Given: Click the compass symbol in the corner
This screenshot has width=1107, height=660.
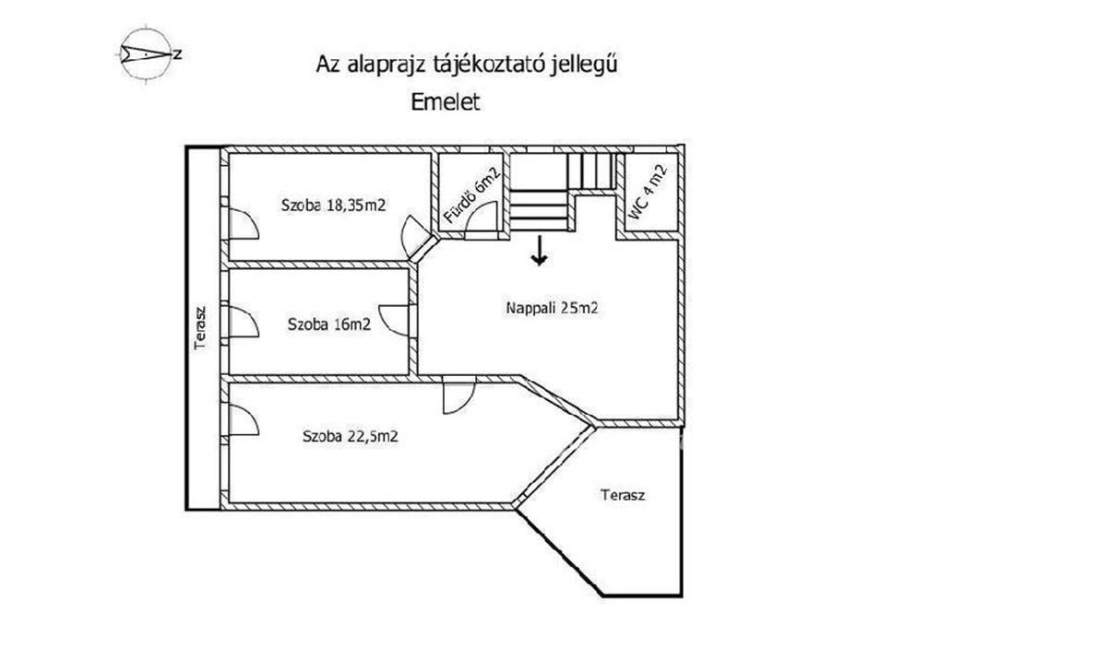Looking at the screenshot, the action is coord(147,53).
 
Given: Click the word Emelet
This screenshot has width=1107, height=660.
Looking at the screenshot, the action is coord(446,102).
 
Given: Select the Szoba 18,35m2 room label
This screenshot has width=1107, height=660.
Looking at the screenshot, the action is coord(333,206).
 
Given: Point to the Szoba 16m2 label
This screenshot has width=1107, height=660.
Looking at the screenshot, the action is coord(329,324).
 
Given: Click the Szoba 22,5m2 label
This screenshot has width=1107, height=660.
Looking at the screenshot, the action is coord(350,436).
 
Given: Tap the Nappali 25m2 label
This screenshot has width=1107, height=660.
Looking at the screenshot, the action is coord(552,308).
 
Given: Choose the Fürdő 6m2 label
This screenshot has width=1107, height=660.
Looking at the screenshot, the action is coord(472,194).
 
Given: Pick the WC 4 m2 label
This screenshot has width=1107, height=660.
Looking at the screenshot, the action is coord(648,192).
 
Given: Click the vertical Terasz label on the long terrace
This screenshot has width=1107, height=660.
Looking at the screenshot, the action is coord(200,328).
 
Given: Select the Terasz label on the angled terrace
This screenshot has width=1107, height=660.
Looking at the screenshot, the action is coord(623,495).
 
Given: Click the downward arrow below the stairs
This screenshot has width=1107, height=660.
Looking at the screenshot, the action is coord(540,251).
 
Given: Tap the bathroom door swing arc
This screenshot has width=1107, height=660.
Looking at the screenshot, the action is coord(481,217).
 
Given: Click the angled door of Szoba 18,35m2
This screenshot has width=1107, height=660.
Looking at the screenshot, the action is coord(414,237).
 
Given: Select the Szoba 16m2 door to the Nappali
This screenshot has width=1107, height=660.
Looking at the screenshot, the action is coord(394,321).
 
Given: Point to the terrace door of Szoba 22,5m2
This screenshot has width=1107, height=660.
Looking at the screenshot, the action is coord(244,420).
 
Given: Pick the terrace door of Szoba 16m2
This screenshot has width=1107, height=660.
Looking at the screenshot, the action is coord(244,322).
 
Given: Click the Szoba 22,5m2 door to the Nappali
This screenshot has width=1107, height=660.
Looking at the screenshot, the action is coord(459,395).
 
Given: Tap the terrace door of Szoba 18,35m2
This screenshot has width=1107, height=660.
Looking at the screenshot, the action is coord(244,224).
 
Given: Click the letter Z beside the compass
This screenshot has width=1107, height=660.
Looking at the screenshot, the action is coord(177,54).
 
